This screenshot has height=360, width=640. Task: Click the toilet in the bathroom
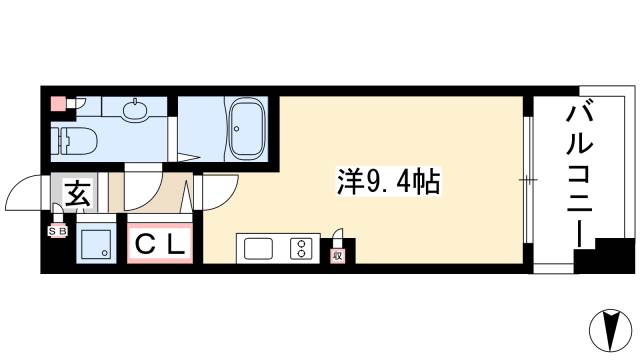(75, 139)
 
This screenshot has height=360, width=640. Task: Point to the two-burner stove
(300, 248)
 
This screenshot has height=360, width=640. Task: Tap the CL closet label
(159, 242)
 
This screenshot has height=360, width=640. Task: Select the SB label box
(56, 231)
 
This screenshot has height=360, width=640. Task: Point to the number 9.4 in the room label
(388, 184)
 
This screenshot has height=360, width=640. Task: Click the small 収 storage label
(338, 256)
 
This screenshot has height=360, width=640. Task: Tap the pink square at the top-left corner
(58, 102)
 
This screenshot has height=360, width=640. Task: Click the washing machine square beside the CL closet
(97, 243)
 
